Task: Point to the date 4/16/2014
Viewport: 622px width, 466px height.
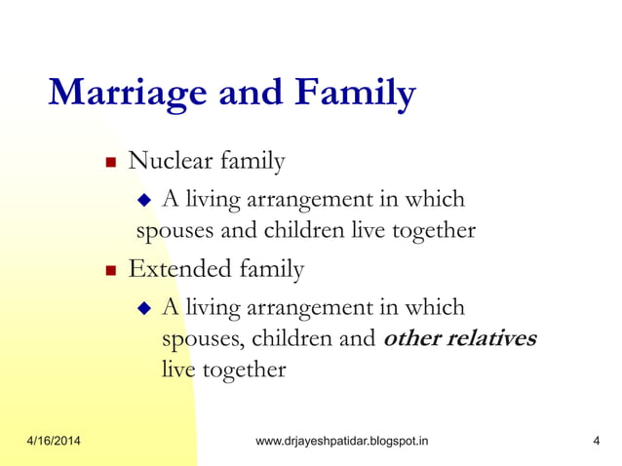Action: pyautogui.click(x=54, y=442)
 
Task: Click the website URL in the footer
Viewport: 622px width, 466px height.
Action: pyautogui.click(x=340, y=442)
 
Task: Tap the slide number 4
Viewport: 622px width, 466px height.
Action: pyautogui.click(x=595, y=442)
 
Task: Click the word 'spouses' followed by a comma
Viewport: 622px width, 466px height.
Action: pyautogui.click(x=195, y=340)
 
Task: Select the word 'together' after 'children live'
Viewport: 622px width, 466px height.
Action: pyautogui.click(x=432, y=231)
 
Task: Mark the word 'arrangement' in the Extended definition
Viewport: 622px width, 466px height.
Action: pyautogui.click(x=319, y=308)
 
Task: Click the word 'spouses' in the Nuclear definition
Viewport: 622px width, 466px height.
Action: pyautogui.click(x=168, y=232)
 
